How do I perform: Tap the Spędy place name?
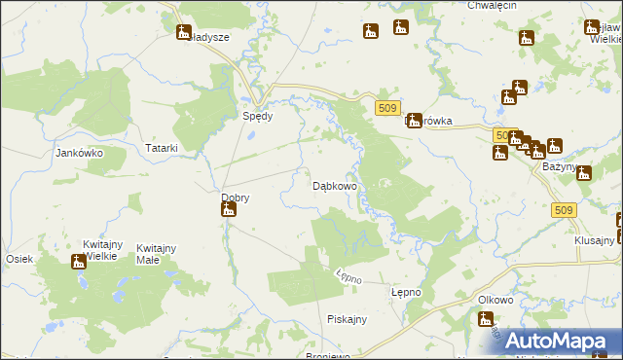[x=258, y=115]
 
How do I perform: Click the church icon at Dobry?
[x=229, y=208]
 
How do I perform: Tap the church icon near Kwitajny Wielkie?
[x=79, y=261]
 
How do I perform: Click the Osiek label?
[x=20, y=258]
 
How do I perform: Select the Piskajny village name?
[x=347, y=319]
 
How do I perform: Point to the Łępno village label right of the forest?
[x=406, y=292]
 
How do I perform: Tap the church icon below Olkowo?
[x=487, y=318]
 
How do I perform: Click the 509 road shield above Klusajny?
[x=562, y=209]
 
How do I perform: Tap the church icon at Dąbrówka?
[x=415, y=121]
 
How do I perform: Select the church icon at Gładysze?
[x=184, y=32]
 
